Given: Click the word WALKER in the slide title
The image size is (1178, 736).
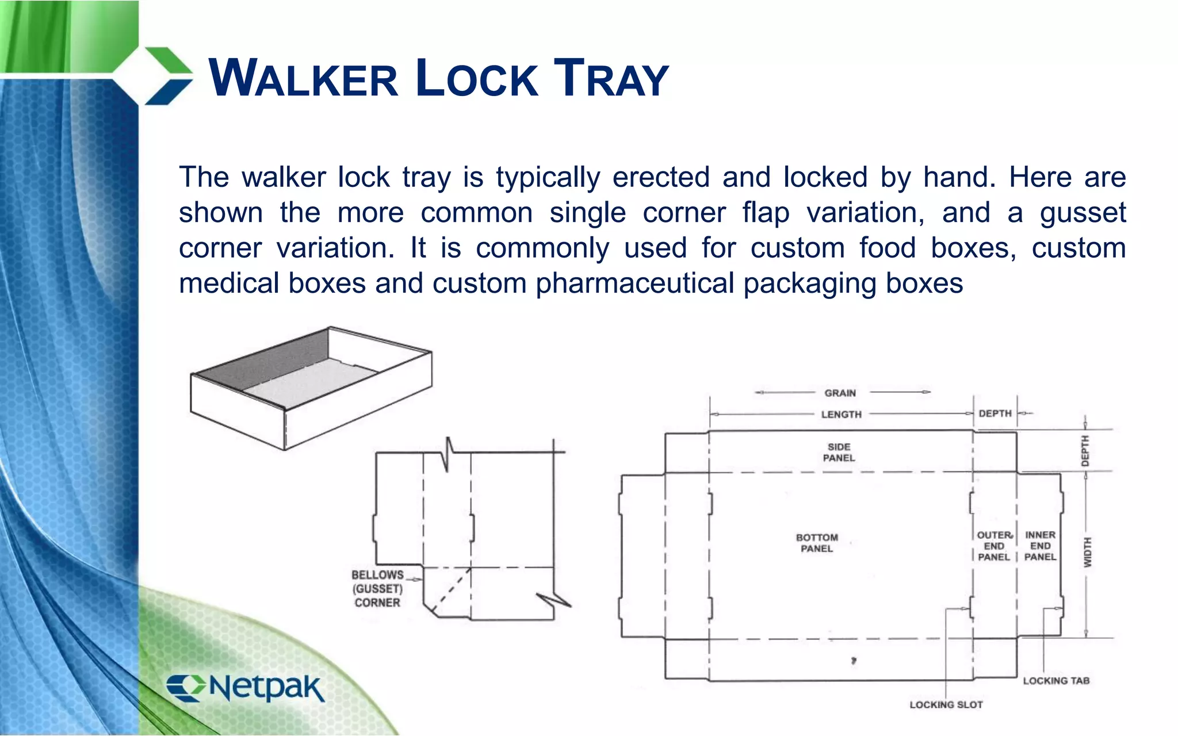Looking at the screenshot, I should point(303,78).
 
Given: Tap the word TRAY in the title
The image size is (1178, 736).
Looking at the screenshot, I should point(611,78).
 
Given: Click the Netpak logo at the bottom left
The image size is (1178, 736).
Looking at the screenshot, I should point(246,688).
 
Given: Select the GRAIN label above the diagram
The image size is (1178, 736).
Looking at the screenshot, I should point(840,393).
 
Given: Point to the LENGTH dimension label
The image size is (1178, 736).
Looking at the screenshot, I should point(841,415).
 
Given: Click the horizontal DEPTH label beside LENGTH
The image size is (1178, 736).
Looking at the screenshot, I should point(995,413).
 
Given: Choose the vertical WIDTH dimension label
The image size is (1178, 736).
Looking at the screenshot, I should point(1087,553).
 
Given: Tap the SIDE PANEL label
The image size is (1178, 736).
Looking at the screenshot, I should point(839,453).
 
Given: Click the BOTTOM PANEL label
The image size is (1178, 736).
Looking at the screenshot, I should point(817,543).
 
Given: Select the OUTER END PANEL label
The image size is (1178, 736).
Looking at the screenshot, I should point(994,546).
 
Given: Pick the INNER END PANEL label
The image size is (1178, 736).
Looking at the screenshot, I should point(1040,546).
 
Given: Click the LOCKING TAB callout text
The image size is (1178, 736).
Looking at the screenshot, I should point(1056,681).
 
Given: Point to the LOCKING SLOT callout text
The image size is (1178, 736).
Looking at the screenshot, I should point(946,705).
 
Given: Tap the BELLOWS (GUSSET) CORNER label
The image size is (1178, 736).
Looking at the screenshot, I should point(377,589).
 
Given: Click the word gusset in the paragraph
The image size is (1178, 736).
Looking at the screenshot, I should point(1082,213).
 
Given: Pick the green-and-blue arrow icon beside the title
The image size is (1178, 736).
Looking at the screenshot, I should point(167,76).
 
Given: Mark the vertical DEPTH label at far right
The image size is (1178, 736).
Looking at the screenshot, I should point(1085,451).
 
